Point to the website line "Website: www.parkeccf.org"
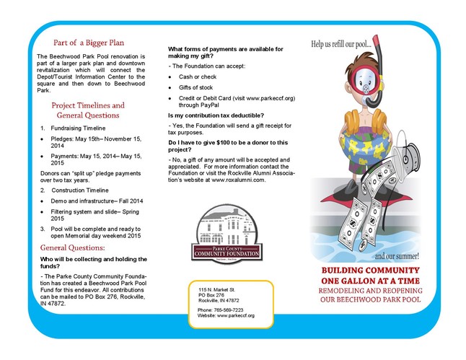point(226,315)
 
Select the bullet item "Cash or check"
point(197,75)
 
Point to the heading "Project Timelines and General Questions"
point(88,110)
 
